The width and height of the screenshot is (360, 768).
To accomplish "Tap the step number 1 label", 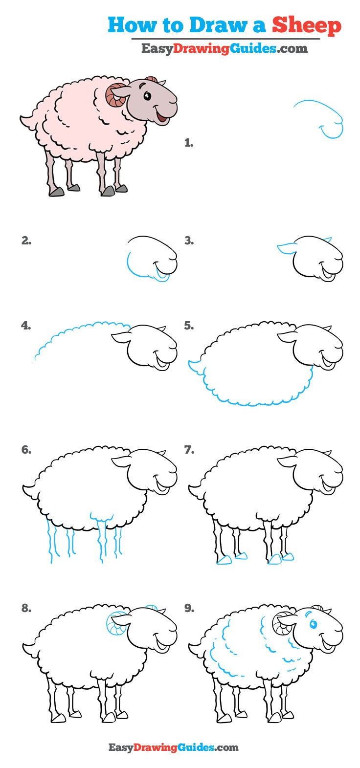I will pyautogui.click(x=188, y=143).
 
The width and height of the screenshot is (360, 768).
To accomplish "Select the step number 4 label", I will pyautogui.click(x=25, y=326).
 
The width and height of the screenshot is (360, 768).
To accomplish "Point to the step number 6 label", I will pyautogui.click(x=26, y=450).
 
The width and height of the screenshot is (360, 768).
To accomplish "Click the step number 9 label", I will pyautogui.click(x=189, y=609).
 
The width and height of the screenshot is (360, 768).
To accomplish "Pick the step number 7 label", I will pyautogui.click(x=189, y=450).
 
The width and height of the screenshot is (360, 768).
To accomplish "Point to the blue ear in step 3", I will pyautogui.click(x=287, y=248).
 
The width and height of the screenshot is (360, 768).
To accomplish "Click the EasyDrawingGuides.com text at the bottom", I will pyautogui.click(x=173, y=747).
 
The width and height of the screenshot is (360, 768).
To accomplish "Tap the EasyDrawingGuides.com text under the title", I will pyautogui.click(x=225, y=48).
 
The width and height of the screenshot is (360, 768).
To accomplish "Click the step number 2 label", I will pyautogui.click(x=26, y=241).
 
